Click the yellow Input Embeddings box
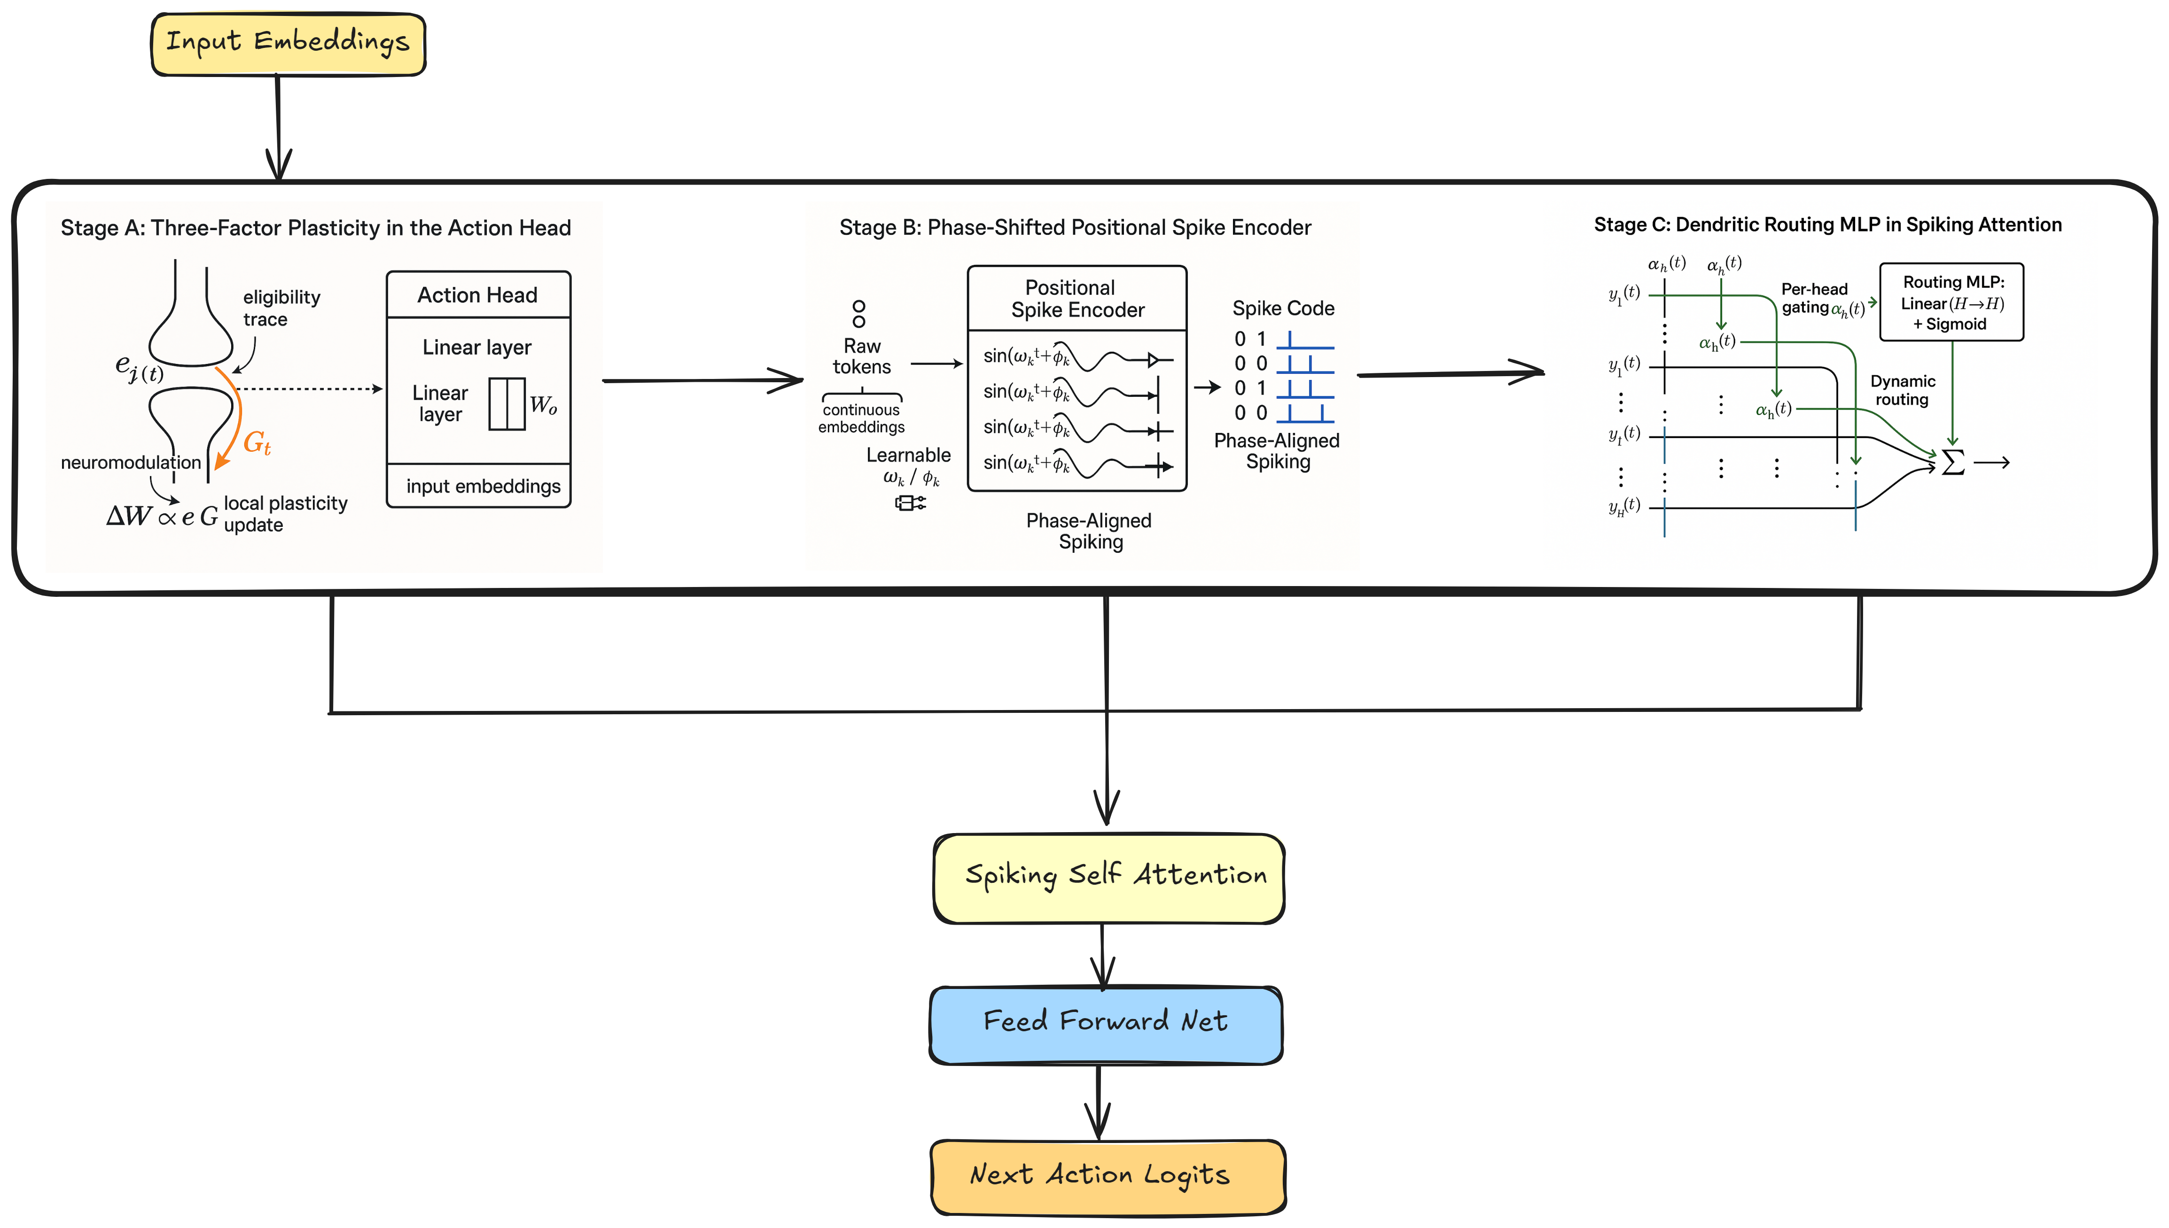[x=288, y=44]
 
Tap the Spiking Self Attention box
[x=1108, y=878]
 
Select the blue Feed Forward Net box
[x=1105, y=1024]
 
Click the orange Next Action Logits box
[x=1107, y=1176]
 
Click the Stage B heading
[x=1075, y=228]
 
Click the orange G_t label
[x=257, y=443]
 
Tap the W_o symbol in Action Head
[x=543, y=406]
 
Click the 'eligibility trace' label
[x=281, y=308]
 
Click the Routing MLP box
[x=1951, y=302]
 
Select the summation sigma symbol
[x=1952, y=462]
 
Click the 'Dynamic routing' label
[x=1903, y=391]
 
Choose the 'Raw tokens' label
[x=861, y=357]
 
